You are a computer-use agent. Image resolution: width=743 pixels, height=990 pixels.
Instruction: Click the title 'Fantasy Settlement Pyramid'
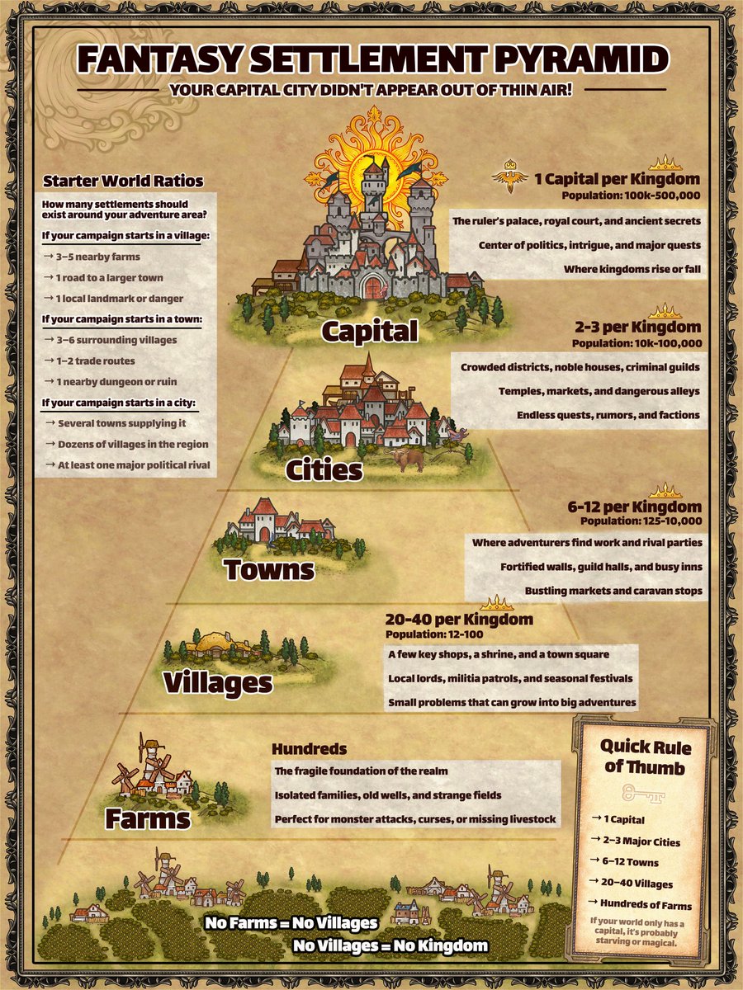371,60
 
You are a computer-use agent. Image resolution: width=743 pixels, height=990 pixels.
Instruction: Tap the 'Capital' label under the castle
370,331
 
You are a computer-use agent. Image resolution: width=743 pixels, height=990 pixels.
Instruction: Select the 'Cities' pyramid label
324,470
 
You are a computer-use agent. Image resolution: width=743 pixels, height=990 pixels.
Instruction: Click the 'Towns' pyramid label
268,569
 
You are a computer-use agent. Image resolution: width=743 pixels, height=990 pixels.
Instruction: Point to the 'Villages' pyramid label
218,682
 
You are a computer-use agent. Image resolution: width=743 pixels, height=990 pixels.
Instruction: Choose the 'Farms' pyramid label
148,818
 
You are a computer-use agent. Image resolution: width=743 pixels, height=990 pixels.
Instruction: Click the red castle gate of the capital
373,288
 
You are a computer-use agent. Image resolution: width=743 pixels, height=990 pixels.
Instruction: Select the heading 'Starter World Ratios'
123,181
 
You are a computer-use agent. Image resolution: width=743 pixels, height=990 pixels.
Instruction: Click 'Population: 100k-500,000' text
631,196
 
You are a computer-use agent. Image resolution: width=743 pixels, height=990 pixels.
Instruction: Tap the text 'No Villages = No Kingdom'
390,945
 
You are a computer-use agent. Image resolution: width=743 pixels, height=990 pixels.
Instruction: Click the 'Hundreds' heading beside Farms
309,749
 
